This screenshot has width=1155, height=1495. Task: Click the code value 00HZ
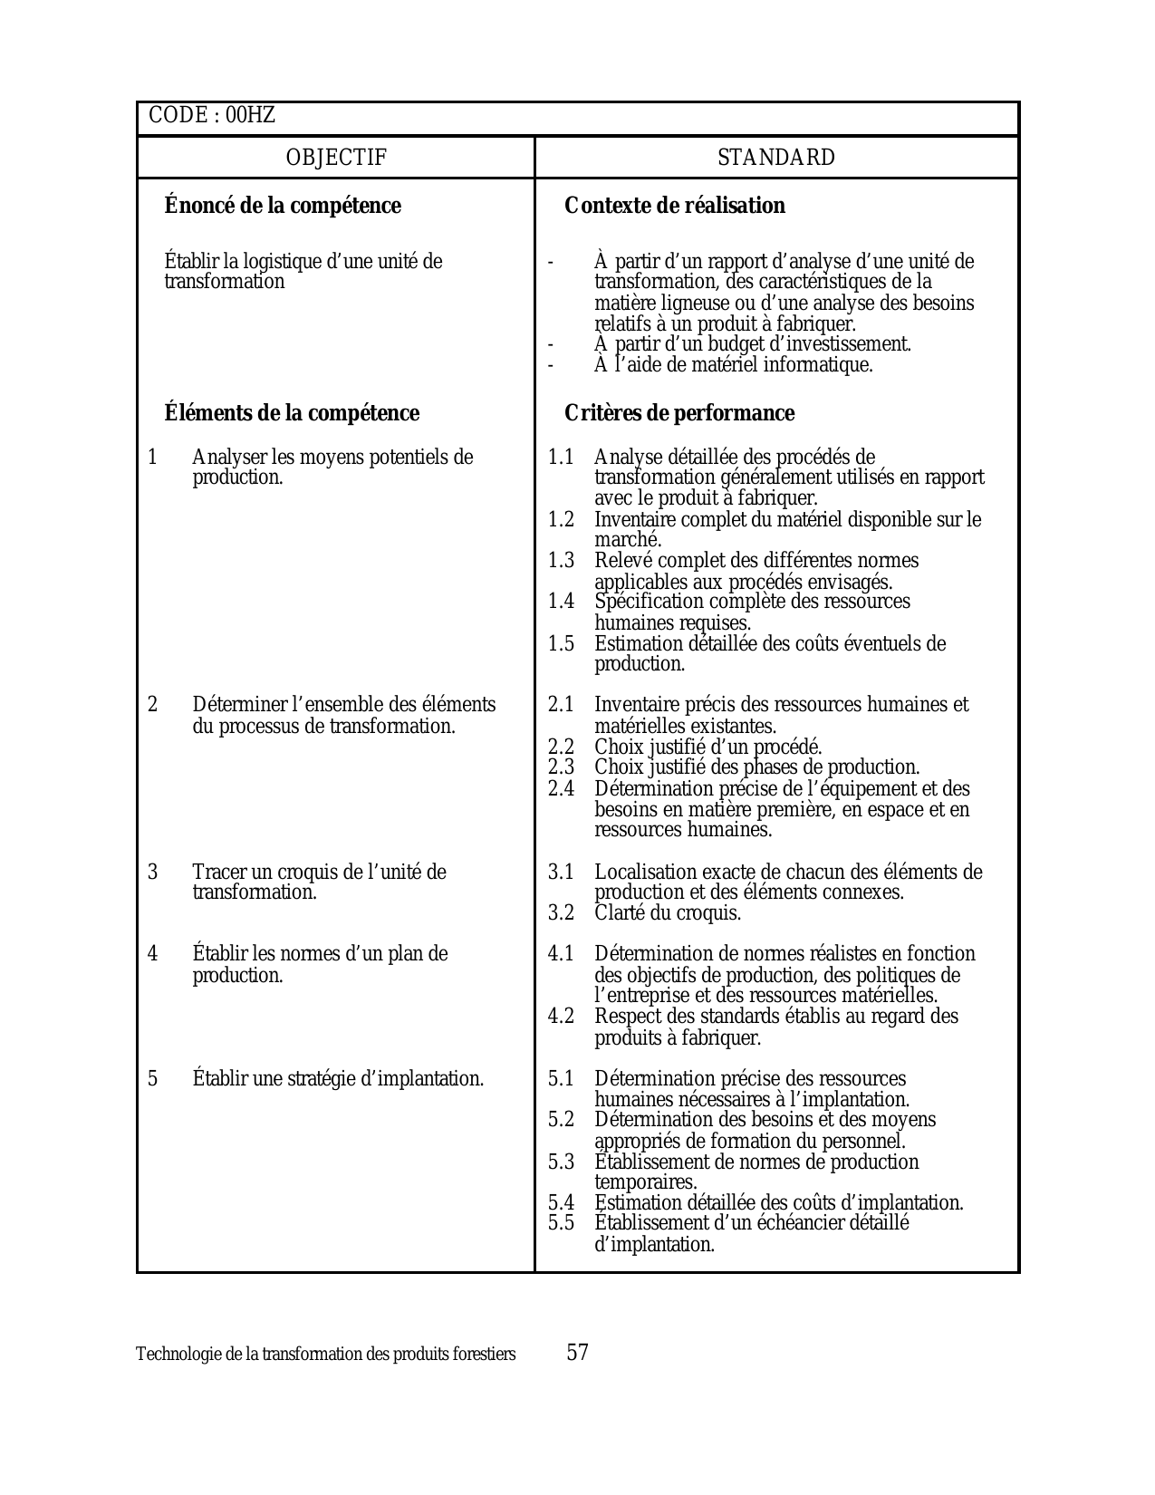click(251, 116)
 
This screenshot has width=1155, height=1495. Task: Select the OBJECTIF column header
click(336, 158)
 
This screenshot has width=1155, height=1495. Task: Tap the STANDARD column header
click(776, 158)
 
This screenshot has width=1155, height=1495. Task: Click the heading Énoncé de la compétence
click(283, 206)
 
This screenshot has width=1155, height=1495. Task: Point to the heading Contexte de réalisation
click(675, 206)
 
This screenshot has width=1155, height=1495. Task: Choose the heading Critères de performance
click(679, 413)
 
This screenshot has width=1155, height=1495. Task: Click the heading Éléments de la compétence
click(292, 413)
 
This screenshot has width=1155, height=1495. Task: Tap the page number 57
click(578, 1353)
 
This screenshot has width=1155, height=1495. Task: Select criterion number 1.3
click(561, 561)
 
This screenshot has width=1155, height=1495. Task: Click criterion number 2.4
click(561, 788)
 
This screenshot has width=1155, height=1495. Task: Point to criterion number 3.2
click(561, 912)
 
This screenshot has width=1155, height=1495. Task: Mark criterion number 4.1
click(561, 954)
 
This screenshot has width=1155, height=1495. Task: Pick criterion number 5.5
click(561, 1223)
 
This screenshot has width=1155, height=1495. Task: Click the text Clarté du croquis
click(668, 912)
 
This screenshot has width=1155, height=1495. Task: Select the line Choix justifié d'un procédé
click(708, 747)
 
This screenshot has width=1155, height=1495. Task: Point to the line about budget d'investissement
click(753, 344)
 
